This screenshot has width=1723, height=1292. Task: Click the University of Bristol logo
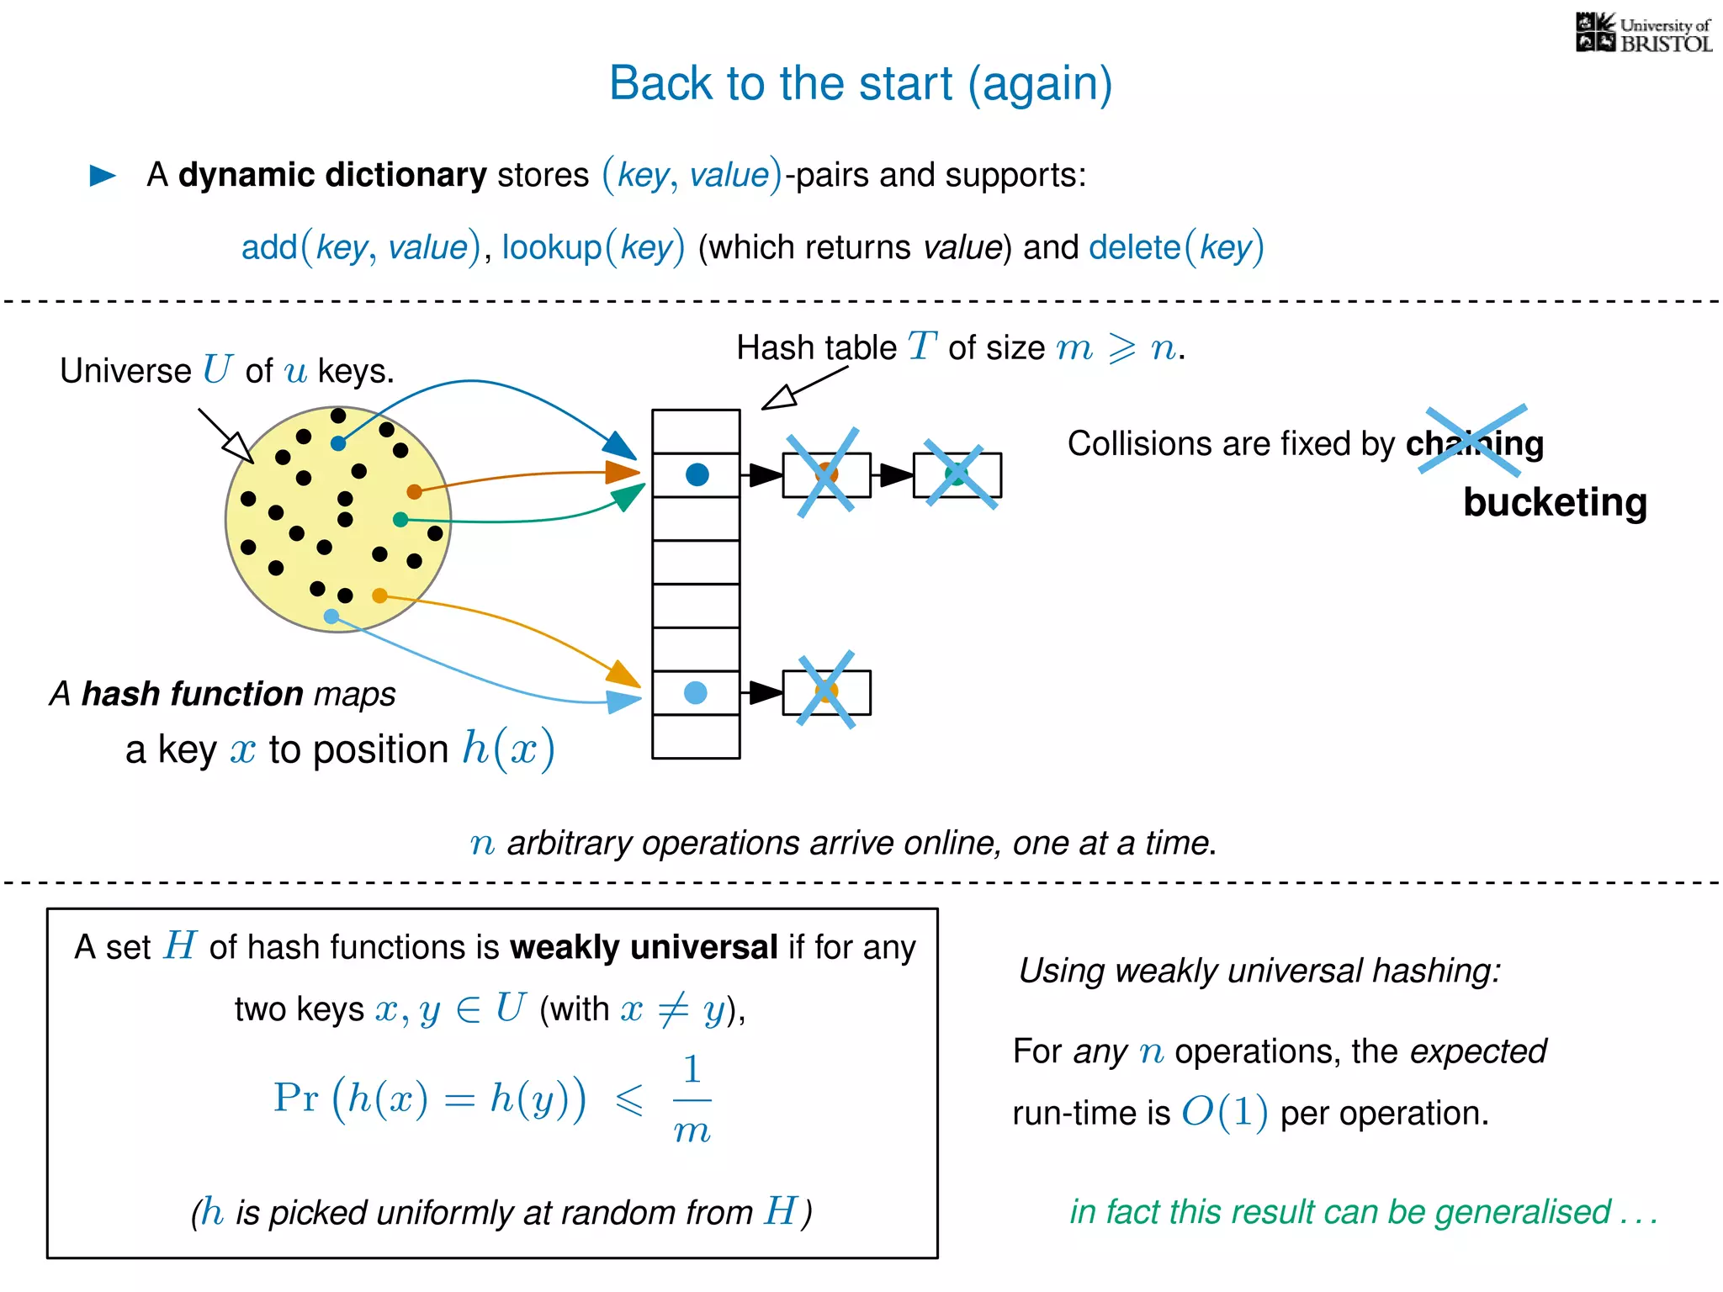coord(1642,34)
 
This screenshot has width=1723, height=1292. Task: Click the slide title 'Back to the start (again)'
coord(860,84)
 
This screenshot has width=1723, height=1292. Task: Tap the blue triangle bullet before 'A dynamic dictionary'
coord(103,175)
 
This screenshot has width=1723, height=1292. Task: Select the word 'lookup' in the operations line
coord(552,248)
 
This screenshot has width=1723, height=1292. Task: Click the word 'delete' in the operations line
coord(1134,248)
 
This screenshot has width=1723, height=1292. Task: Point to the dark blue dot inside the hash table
coord(697,475)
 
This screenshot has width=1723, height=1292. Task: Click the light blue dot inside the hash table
coord(696,693)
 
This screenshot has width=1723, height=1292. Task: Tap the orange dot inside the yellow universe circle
coord(414,491)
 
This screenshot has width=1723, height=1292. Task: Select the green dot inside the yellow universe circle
coord(400,520)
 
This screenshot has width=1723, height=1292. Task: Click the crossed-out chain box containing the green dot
coord(957,475)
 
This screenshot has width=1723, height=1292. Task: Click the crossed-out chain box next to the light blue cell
coord(826,693)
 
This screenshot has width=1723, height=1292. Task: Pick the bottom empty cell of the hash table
coord(696,737)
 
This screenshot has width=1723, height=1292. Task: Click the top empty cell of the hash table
coord(696,432)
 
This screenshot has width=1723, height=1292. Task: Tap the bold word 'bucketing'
coord(1555,503)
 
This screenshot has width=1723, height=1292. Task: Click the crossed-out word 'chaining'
coord(1474,443)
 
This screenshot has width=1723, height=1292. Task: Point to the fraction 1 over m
coord(692,1100)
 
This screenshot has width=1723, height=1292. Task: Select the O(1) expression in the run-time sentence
coord(1224,1113)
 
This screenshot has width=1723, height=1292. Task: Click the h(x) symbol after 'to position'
coord(508,749)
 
